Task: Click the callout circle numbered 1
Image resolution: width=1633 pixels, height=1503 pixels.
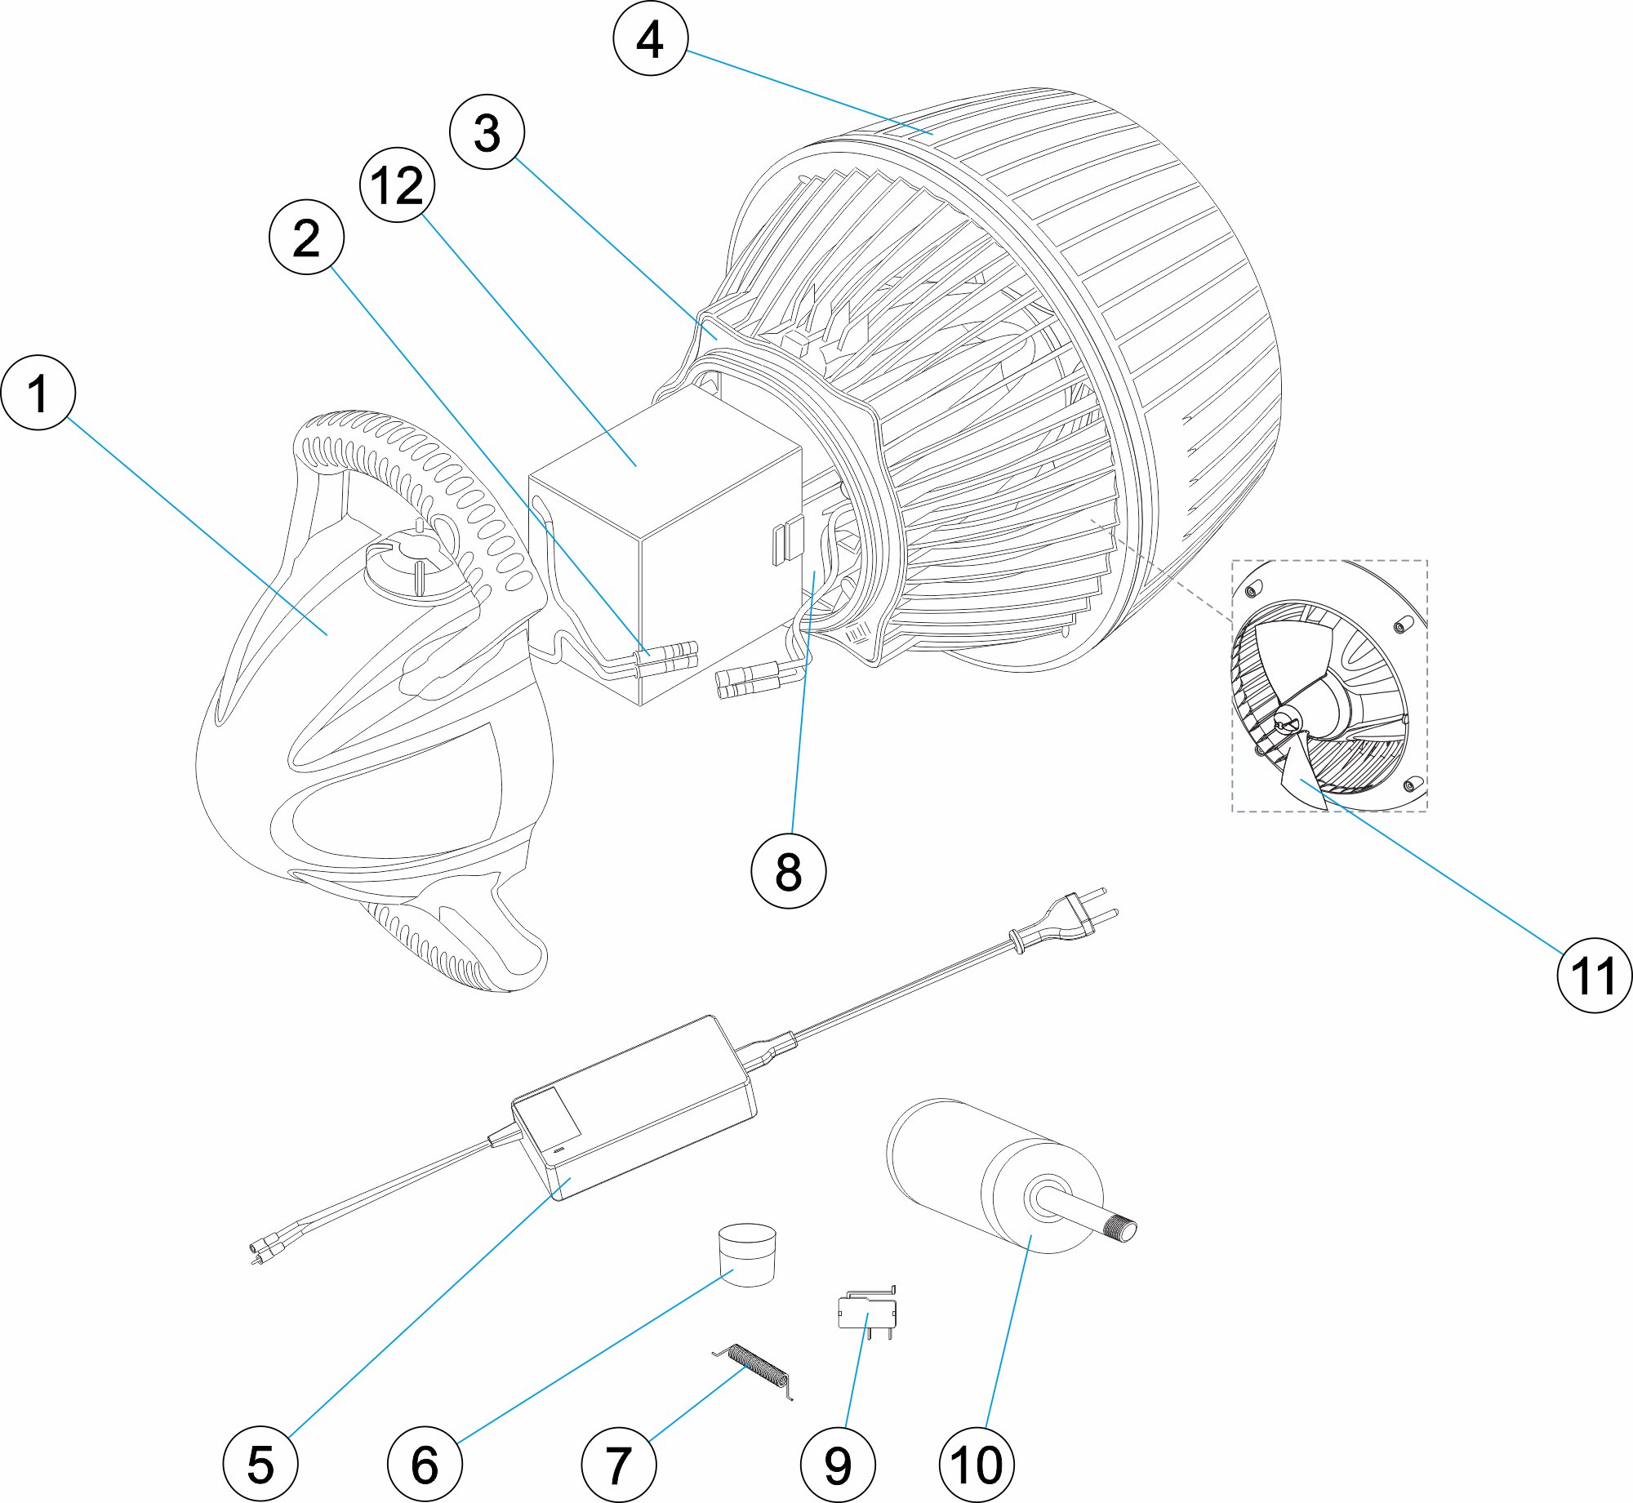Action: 38,393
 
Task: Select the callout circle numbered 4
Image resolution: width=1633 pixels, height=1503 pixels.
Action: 651,38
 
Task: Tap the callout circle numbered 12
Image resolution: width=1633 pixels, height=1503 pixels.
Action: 398,185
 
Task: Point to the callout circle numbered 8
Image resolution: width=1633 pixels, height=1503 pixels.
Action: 788,870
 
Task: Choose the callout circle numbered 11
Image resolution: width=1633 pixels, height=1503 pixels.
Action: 1595,976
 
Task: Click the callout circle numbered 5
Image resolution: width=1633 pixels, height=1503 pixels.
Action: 260,1465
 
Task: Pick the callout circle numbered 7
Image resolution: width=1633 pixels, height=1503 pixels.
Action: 619,1465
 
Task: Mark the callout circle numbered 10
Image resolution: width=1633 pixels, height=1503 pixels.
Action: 977,1465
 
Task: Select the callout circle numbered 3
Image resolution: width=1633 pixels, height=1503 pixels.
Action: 487,132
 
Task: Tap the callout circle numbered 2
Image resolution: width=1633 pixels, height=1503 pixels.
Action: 306,238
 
